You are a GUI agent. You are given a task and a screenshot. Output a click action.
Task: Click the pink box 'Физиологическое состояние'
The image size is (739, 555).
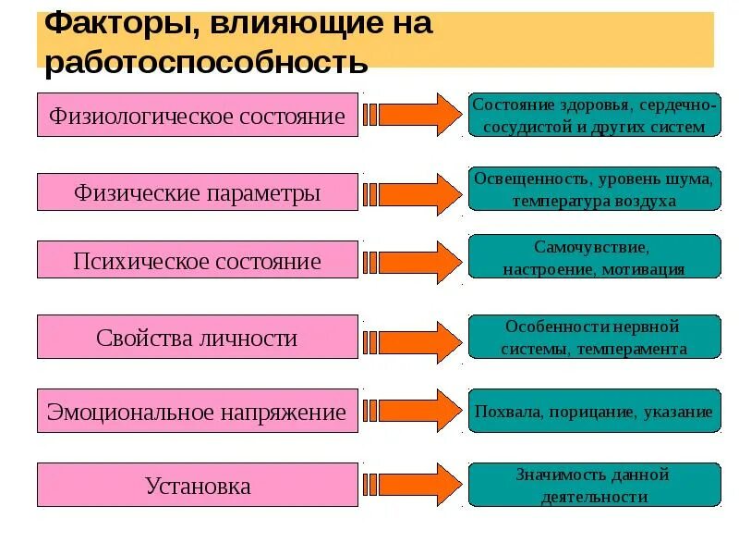tap(197, 116)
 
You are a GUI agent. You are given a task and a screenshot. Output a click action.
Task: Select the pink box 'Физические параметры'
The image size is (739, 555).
tap(197, 192)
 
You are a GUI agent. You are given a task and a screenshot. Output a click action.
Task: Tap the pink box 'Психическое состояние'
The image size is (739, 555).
tap(197, 261)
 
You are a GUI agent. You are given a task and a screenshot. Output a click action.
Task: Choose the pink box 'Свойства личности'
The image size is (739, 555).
tap(197, 337)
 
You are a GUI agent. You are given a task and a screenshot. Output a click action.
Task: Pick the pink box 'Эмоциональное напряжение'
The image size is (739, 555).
tap(197, 412)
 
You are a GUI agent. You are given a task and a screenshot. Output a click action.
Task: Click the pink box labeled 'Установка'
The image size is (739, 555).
tap(197, 486)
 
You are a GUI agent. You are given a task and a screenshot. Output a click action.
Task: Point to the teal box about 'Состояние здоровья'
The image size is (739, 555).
tap(594, 116)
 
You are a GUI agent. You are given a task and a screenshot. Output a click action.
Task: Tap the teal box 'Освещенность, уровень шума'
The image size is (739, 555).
tap(594, 188)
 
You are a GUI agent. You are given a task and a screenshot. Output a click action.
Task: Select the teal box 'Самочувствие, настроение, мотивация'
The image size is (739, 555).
tap(594, 257)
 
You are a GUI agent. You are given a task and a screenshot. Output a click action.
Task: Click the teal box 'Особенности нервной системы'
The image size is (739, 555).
tap(594, 337)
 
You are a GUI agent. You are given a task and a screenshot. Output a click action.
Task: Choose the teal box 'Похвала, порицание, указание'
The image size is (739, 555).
tap(594, 412)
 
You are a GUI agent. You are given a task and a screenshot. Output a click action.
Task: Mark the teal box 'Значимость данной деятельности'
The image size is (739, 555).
tap(594, 486)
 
